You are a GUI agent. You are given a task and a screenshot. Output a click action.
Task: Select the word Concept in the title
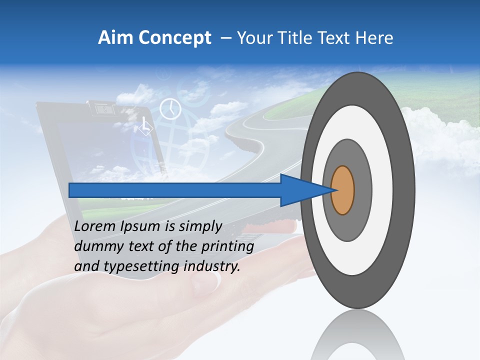pyautogui.click(x=175, y=38)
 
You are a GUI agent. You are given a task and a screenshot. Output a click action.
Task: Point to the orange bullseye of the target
pyautogui.click(x=342, y=190)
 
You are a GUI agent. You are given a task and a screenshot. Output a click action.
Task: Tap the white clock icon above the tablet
pyautogui.click(x=170, y=109)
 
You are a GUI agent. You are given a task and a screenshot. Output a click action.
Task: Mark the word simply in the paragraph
pyautogui.click(x=197, y=226)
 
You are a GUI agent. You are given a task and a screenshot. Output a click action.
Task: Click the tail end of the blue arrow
pyautogui.click(x=71, y=190)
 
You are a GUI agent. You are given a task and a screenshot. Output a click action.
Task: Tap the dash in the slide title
pyautogui.click(x=225, y=38)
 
